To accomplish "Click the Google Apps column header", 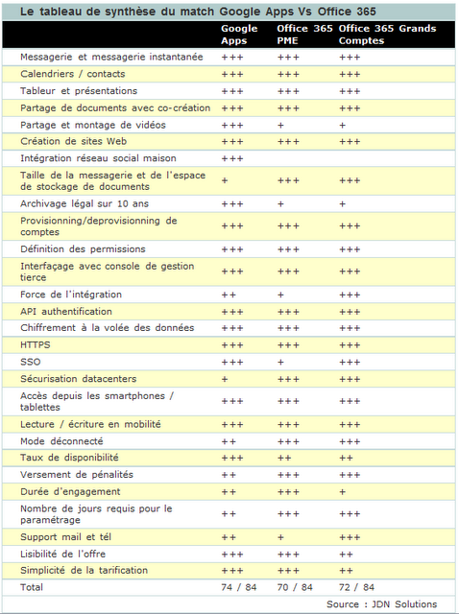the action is click(x=239, y=35).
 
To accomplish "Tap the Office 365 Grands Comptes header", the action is click(x=387, y=35).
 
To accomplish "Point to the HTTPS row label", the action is click(x=36, y=344).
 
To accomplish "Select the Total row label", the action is click(x=33, y=586).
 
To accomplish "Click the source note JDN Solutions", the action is click(x=381, y=603).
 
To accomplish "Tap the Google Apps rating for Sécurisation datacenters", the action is click(x=225, y=379).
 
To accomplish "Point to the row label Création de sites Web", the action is click(x=74, y=141).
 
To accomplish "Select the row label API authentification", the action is click(x=66, y=312).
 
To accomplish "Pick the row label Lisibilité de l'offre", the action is click(x=63, y=554).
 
